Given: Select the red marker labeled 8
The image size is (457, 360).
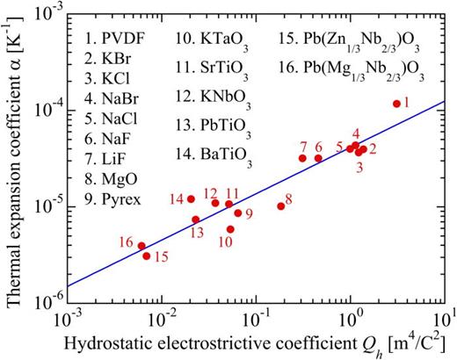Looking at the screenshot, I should pos(280,206).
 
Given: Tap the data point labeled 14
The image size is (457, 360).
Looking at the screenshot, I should pos(191,199).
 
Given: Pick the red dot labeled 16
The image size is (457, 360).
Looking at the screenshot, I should pos(141,246).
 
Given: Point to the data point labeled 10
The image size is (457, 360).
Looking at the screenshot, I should pos(230,229).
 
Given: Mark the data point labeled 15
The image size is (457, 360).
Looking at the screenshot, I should pos(147,256).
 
